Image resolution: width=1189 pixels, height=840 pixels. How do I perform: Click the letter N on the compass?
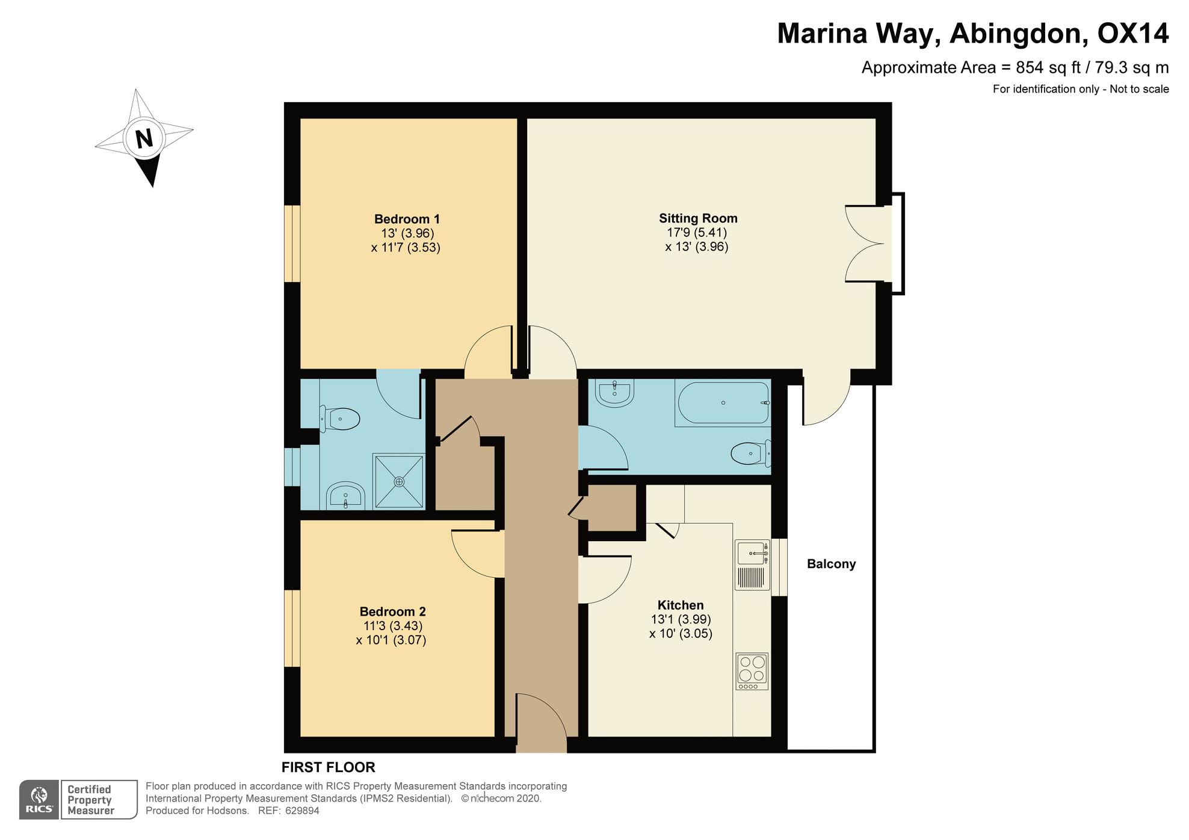click(x=144, y=139)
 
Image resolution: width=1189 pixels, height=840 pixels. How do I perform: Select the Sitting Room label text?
click(x=698, y=218)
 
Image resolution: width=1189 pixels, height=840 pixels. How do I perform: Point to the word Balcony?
click(x=831, y=564)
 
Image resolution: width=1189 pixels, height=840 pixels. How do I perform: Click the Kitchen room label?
click(x=680, y=605)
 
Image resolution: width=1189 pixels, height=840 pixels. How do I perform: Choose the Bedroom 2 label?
click(x=392, y=612)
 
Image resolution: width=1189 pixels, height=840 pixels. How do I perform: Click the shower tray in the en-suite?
click(x=399, y=481)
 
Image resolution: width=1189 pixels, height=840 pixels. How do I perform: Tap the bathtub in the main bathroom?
click(x=723, y=403)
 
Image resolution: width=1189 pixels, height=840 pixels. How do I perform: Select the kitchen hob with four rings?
click(x=752, y=672)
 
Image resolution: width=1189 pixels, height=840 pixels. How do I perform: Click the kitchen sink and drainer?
click(x=753, y=565)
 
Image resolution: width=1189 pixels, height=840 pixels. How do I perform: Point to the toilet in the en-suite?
click(x=340, y=418)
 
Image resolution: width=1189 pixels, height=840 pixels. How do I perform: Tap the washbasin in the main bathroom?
click(x=614, y=393)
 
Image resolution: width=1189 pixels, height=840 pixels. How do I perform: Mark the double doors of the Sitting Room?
click(x=865, y=244)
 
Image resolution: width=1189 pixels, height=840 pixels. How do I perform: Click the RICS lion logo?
click(x=39, y=799)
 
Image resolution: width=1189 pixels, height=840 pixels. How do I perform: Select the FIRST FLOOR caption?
click(x=329, y=767)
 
